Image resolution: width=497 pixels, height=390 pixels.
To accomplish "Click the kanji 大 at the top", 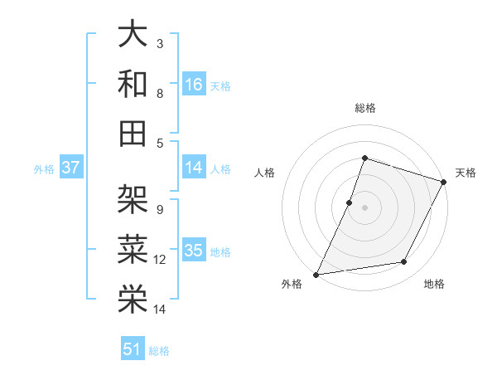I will pos(133,36).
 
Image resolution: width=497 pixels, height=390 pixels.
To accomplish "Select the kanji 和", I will pos(133,85).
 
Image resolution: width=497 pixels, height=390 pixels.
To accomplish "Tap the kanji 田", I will pos(133,134).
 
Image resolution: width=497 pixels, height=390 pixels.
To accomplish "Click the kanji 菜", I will pos(133,248).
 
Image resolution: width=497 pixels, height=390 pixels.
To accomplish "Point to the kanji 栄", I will pos(133,298).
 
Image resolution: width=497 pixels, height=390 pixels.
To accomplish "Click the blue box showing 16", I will pos(194,85).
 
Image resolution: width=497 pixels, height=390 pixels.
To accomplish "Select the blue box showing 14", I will pos(194,168).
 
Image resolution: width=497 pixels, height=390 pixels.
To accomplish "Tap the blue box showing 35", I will pos(194,251).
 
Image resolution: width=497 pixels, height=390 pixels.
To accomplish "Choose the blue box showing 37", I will pos(71,168).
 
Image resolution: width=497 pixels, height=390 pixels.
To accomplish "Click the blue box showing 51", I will pos(133,349).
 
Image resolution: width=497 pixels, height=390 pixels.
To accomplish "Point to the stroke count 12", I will pos(160,260).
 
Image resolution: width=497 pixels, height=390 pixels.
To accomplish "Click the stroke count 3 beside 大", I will pos(159,43).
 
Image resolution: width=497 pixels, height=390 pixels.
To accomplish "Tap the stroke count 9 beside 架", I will pos(159,209).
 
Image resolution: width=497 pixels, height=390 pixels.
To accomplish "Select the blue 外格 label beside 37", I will pos(44,168).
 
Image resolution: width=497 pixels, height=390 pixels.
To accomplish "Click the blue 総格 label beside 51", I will pos(159,350).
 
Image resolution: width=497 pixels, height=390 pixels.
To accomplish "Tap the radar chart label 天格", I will pos(466,173).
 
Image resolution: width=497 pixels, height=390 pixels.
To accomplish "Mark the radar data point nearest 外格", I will pos(316,274).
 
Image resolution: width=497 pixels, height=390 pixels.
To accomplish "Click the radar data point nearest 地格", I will pos(404,262).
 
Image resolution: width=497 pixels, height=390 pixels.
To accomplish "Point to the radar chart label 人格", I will pos(265,173).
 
